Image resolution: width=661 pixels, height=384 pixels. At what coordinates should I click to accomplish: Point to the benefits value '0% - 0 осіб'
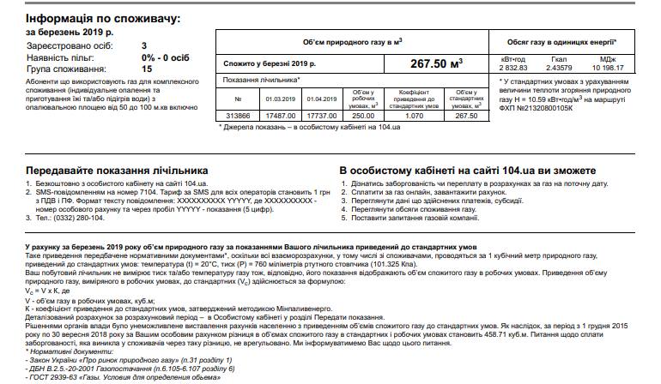point(166,56)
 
